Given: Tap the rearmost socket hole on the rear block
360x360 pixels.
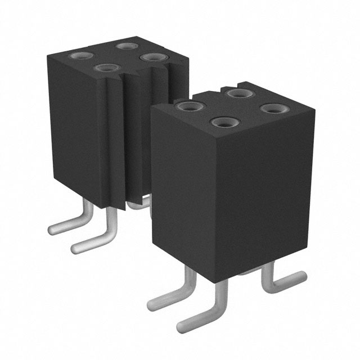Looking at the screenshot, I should tap(125, 44).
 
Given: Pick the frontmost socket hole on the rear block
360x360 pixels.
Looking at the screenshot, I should tap(105, 68).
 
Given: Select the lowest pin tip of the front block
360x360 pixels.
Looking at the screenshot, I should tap(183, 326).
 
